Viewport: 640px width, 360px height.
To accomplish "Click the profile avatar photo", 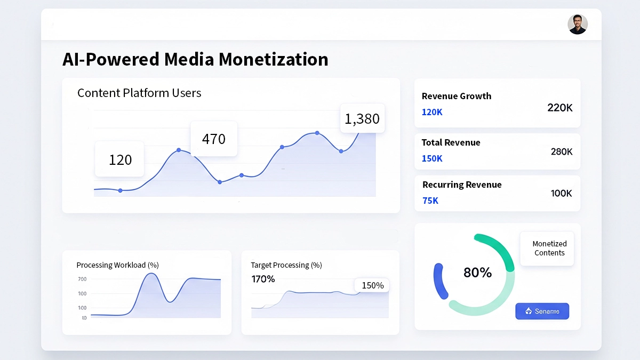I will [x=578, y=25].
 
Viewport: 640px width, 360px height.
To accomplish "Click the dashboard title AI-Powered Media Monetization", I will [x=195, y=59].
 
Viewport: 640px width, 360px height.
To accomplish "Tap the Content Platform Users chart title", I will [x=139, y=93].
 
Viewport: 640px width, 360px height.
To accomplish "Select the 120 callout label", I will [x=120, y=159].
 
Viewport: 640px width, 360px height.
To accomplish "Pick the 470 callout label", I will [x=214, y=139].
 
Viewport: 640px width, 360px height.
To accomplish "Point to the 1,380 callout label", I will [x=362, y=118].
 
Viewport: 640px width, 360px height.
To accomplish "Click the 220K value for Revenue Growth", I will [x=559, y=108].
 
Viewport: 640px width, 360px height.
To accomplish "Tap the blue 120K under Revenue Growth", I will [x=432, y=112].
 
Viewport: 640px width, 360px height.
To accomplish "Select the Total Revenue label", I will [x=451, y=142].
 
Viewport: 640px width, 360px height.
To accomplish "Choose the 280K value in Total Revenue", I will [x=561, y=151].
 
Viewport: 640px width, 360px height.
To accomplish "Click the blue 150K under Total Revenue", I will [x=432, y=158].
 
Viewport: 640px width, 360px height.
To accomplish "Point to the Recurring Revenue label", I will [x=462, y=185].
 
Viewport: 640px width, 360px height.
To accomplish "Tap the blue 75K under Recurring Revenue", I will [x=430, y=201].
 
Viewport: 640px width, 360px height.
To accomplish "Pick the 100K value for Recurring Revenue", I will [x=561, y=193].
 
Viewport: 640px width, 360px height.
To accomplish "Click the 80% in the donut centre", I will [x=477, y=273].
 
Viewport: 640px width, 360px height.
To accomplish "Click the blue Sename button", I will [x=542, y=311].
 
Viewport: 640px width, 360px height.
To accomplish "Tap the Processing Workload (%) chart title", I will [x=117, y=265].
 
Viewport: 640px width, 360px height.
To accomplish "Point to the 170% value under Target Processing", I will [x=263, y=279].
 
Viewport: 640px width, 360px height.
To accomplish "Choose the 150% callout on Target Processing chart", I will [x=372, y=285].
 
